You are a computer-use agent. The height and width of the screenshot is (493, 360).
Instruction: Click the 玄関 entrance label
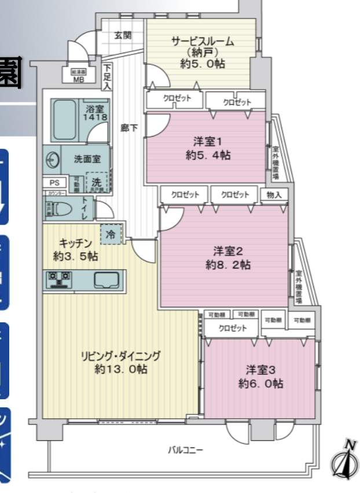[122, 35]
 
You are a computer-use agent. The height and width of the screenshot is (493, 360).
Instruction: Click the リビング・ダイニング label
[120, 356]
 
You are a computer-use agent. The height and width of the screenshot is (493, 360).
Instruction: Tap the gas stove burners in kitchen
[59, 279]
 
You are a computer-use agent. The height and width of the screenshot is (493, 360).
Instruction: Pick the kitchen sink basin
[106, 280]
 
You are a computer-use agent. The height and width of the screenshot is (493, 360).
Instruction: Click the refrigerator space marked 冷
[110, 234]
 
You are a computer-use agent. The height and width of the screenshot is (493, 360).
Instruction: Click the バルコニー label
[185, 449]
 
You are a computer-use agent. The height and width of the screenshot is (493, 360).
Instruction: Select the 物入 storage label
[274, 195]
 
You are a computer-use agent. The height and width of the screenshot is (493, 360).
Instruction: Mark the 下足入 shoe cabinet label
[108, 78]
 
